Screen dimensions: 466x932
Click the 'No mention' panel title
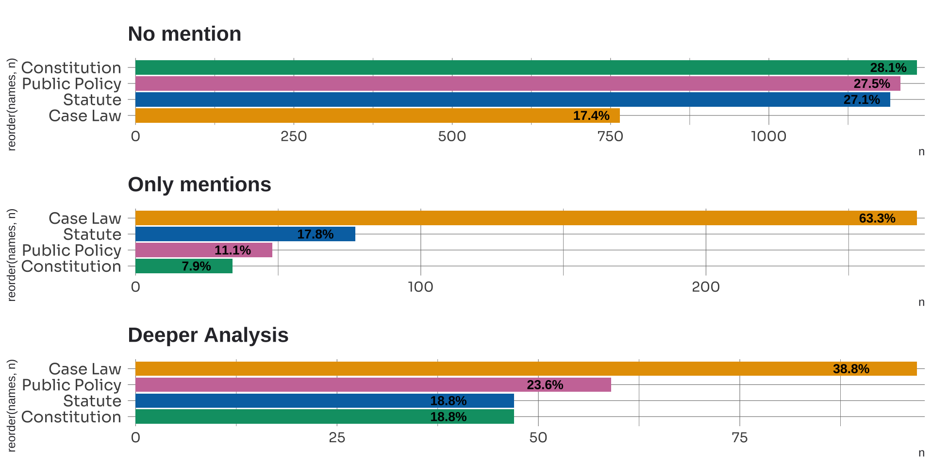click(184, 34)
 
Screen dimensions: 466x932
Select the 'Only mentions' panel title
click(199, 184)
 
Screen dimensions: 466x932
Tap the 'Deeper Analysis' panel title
click(208, 335)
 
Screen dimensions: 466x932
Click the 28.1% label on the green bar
click(888, 67)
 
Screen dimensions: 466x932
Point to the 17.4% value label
click(591, 116)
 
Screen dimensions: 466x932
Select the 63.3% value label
click(877, 218)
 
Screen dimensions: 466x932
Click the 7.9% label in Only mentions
click(196, 266)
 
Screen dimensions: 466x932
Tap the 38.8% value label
click(851, 369)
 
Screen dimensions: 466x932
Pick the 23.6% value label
click(545, 385)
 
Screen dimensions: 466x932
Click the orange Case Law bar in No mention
click(340, 116)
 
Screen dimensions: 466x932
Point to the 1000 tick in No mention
click(768, 136)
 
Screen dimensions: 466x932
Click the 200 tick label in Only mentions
click(705, 287)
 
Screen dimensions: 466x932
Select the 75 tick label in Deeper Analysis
click(739, 438)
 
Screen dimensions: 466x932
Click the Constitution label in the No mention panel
click(71, 67)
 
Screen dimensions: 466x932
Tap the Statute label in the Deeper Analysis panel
click(92, 401)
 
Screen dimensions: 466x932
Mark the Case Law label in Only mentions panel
click(85, 218)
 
